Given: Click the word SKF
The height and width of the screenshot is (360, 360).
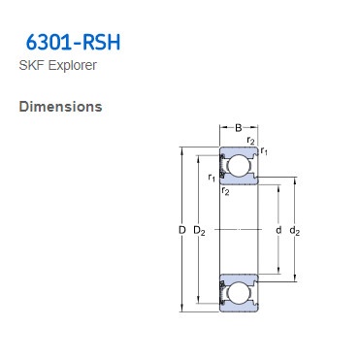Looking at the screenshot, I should [x=31, y=66].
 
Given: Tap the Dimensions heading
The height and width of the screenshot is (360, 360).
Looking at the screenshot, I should [x=60, y=106].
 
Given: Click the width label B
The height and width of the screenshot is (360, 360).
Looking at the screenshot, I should [x=238, y=127].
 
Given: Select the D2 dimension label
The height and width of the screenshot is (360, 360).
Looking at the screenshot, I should [x=199, y=231].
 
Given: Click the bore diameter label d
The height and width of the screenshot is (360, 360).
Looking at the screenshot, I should [x=278, y=230].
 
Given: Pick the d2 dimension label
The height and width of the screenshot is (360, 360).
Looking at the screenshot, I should [x=295, y=231].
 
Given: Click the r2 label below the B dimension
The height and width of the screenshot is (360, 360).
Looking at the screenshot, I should [x=250, y=142].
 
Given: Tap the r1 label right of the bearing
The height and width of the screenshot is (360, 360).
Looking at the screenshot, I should [x=265, y=151].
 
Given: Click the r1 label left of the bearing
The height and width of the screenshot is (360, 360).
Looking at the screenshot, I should [x=212, y=177].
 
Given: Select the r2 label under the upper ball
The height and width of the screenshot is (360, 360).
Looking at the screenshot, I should [x=225, y=191].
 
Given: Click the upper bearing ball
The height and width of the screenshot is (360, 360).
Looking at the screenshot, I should [x=238, y=166].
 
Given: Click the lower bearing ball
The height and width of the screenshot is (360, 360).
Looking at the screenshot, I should [x=238, y=293].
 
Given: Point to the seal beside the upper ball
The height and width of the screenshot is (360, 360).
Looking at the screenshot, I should [x=222, y=166].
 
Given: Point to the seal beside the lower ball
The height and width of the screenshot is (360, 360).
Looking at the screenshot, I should [x=222, y=293].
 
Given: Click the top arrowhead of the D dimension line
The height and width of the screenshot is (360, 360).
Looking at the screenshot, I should [x=181, y=149].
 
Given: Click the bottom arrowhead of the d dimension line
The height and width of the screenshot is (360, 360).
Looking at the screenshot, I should [x=279, y=273].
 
